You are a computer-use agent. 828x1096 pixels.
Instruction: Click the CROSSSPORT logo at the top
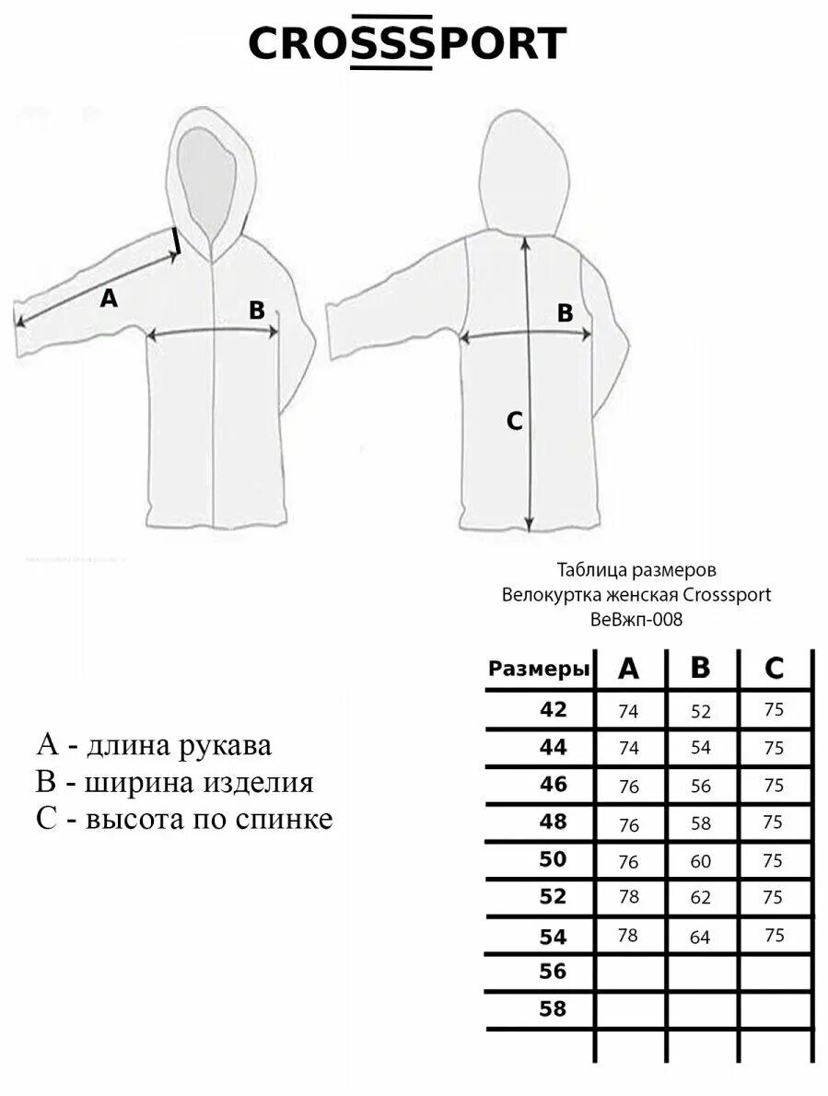(407, 42)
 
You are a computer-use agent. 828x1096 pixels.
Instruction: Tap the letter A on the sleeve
(109, 297)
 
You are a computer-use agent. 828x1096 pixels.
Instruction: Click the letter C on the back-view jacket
(515, 421)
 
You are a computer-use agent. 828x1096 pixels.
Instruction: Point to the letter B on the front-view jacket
(257, 310)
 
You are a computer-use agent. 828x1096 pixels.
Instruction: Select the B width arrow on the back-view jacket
(527, 337)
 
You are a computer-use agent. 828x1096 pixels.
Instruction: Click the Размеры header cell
(539, 670)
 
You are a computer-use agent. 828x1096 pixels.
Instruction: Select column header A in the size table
(628, 670)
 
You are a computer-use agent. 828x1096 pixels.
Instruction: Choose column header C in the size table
(774, 670)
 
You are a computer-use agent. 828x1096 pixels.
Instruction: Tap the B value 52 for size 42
(701, 711)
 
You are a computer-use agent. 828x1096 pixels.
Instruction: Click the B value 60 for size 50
(701, 861)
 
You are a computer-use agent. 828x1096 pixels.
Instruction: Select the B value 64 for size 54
(701, 938)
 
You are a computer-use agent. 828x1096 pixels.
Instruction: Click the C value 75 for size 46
(774, 786)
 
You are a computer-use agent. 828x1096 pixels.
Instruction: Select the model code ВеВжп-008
(636, 620)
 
